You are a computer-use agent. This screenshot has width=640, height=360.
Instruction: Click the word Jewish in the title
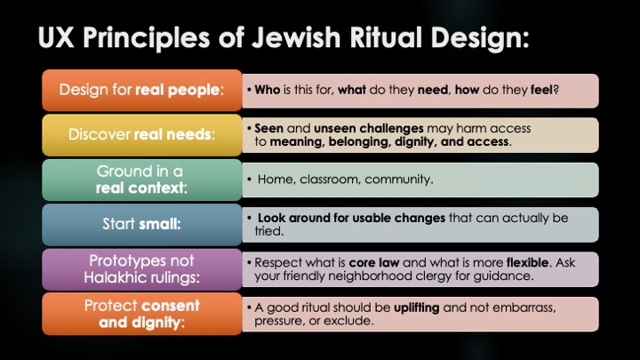296,37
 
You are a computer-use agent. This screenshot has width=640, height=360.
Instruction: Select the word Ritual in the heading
385,37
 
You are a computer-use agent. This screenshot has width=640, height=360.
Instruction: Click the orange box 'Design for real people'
142,90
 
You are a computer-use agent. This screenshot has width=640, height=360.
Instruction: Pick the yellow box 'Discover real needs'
142,135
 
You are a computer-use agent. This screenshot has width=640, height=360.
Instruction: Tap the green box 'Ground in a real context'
142,180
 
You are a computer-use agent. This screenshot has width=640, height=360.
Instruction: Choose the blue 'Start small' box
142,224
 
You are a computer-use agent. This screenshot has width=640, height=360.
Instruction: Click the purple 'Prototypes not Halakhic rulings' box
142,269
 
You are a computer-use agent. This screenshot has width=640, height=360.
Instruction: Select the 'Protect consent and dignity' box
142,314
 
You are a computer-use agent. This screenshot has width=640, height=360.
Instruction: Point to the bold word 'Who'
267,90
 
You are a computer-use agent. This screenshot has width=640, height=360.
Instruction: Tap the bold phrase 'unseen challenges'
369,129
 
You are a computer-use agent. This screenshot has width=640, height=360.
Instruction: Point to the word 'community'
398,180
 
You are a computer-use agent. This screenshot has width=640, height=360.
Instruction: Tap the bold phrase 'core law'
374,262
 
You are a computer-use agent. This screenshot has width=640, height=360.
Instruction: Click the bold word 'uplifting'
416,308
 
